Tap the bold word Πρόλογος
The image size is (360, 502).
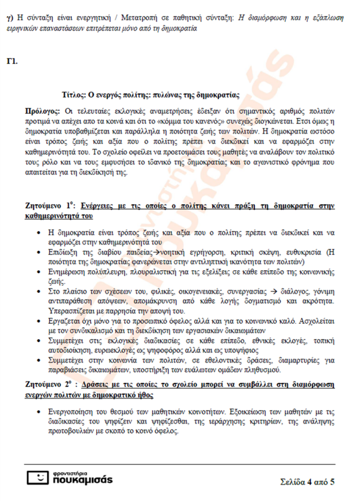43,111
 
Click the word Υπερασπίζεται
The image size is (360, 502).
72,310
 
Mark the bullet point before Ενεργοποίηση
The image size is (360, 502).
39,412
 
